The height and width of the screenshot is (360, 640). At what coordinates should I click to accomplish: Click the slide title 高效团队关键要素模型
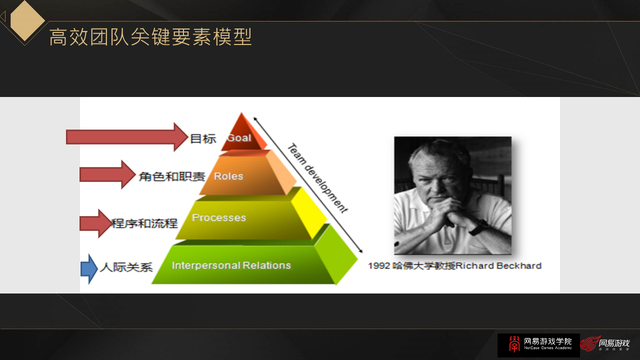(x=150, y=37)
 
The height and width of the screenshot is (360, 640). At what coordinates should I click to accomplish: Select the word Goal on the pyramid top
(x=239, y=137)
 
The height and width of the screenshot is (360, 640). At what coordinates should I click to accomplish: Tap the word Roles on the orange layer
(x=228, y=176)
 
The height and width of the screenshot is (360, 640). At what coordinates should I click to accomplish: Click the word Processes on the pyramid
(x=219, y=217)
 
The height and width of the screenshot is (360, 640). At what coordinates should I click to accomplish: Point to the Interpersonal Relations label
(x=231, y=265)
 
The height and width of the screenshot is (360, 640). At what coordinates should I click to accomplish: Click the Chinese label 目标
(x=203, y=138)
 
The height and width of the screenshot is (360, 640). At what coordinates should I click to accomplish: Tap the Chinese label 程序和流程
(x=144, y=223)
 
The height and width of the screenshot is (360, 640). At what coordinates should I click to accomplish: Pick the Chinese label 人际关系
(x=126, y=267)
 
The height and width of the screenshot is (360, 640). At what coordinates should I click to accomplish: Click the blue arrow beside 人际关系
(x=89, y=268)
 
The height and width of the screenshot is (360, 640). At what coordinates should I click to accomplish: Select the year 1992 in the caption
(x=378, y=265)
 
